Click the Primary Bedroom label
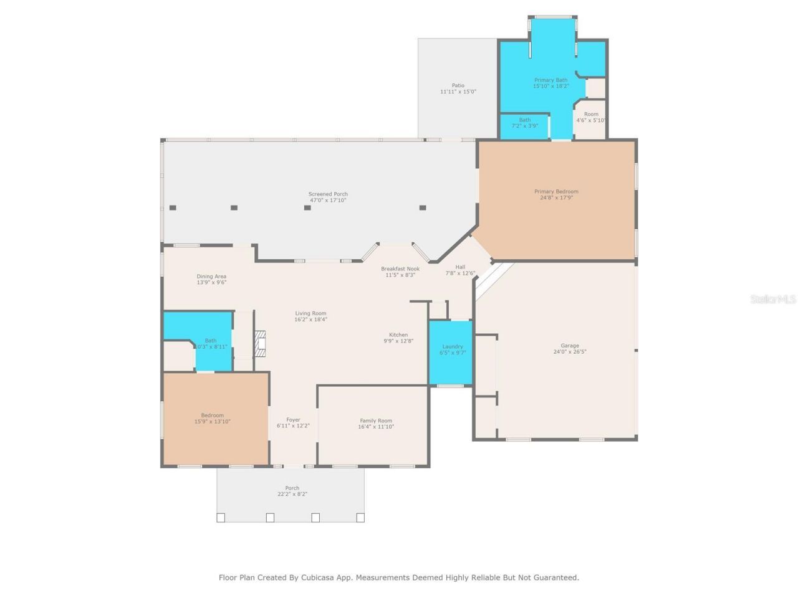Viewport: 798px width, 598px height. [556, 191]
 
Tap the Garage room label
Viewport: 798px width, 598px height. [570, 345]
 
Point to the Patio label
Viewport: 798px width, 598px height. [458, 85]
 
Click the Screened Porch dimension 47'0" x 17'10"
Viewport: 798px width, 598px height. [328, 201]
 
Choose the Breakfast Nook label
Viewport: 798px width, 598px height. [400, 268]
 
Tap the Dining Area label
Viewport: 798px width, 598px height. [211, 276]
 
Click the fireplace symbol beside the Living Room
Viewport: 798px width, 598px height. [261, 344]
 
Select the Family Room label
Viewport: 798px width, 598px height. [376, 420]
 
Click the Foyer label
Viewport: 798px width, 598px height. [293, 420]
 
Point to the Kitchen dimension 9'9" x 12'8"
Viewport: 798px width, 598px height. [398, 341]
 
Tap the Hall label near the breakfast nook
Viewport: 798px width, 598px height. [460, 267]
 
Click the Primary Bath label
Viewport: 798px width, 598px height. [551, 80]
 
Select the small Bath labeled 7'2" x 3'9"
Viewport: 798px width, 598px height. [525, 123]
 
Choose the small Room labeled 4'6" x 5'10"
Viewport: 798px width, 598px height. [590, 117]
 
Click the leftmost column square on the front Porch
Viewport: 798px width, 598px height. [221, 517]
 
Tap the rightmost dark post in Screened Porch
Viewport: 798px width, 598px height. [423, 207]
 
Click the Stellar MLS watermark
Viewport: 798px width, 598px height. [773, 300]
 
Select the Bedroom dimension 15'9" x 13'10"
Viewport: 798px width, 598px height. [213, 422]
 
